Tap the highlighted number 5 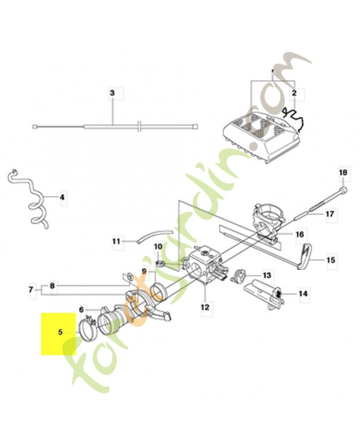point(61,333)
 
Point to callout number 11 point(116,241)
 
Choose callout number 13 point(267,275)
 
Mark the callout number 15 point(331,259)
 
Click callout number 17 point(330,213)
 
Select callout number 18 point(342,173)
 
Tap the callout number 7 point(31,289)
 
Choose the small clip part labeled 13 point(240,275)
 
